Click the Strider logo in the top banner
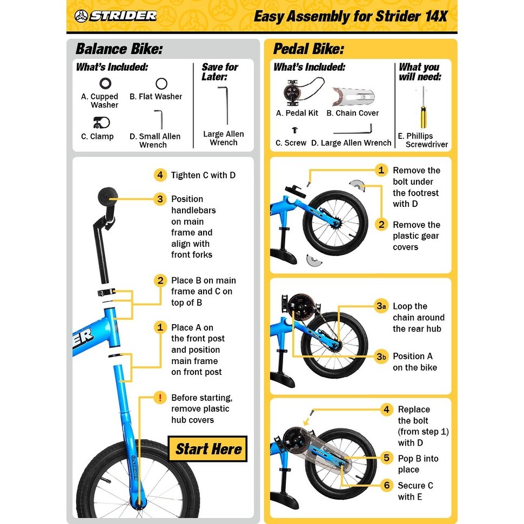pos(116,15)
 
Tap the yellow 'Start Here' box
pos(207,449)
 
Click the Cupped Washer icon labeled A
pos(105,84)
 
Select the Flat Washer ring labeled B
pos(161,84)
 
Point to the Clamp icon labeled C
pos(101,122)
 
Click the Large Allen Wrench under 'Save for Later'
pos(223,105)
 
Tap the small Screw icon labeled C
pos(294,130)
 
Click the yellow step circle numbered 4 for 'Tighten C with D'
pos(159,175)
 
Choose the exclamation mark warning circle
pos(159,398)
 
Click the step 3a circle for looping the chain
pos(381,306)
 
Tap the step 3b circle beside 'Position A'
pos(381,357)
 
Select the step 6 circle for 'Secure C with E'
pos(386,485)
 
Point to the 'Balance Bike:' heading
pos(119,49)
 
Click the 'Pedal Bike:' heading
pos(308,49)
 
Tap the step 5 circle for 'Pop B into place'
pos(386,458)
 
